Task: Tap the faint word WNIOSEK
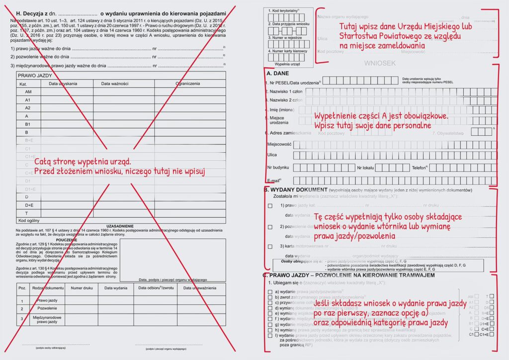379,63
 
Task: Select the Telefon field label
421,168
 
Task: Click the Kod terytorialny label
283,10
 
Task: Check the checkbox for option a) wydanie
270,291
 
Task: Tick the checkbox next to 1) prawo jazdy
270,205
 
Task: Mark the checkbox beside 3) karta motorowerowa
270,246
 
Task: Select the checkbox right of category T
492,296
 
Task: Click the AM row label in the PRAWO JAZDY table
28,92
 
